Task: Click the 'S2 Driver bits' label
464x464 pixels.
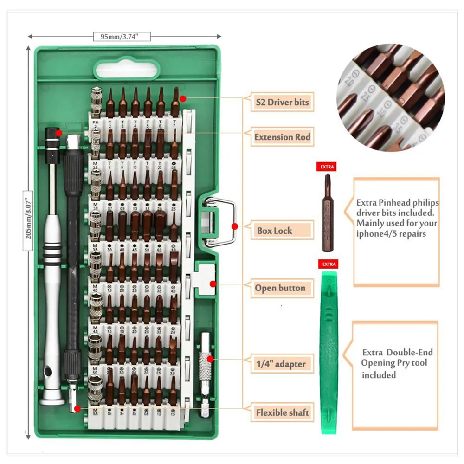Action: click(281, 102)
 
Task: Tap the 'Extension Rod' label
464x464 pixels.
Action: click(282, 137)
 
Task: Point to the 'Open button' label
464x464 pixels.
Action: click(280, 288)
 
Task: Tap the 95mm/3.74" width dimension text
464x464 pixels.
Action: click(122, 36)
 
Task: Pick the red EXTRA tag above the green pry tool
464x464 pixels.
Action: click(328, 264)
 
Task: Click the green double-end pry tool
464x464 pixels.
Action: click(329, 353)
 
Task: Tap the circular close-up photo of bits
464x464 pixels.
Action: click(391, 97)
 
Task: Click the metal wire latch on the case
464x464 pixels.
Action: click(220, 221)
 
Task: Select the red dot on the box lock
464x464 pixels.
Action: click(235, 226)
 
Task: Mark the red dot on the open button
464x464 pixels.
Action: click(213, 284)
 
